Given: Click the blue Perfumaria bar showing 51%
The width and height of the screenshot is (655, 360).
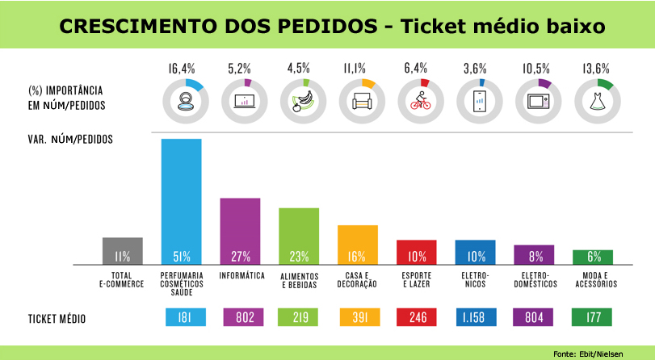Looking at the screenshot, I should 182,202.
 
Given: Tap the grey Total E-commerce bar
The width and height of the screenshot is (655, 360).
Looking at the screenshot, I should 123,251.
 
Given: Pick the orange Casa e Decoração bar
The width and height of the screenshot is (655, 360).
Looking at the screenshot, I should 357,245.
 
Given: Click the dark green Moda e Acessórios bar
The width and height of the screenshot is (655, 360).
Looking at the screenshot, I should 593,257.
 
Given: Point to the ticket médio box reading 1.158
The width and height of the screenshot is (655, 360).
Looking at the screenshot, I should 475,318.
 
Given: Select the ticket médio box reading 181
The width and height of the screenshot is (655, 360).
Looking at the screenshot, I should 182,318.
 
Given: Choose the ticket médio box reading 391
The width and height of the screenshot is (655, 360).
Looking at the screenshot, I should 357,318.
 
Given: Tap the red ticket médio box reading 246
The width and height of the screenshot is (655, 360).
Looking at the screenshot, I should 416,318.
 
